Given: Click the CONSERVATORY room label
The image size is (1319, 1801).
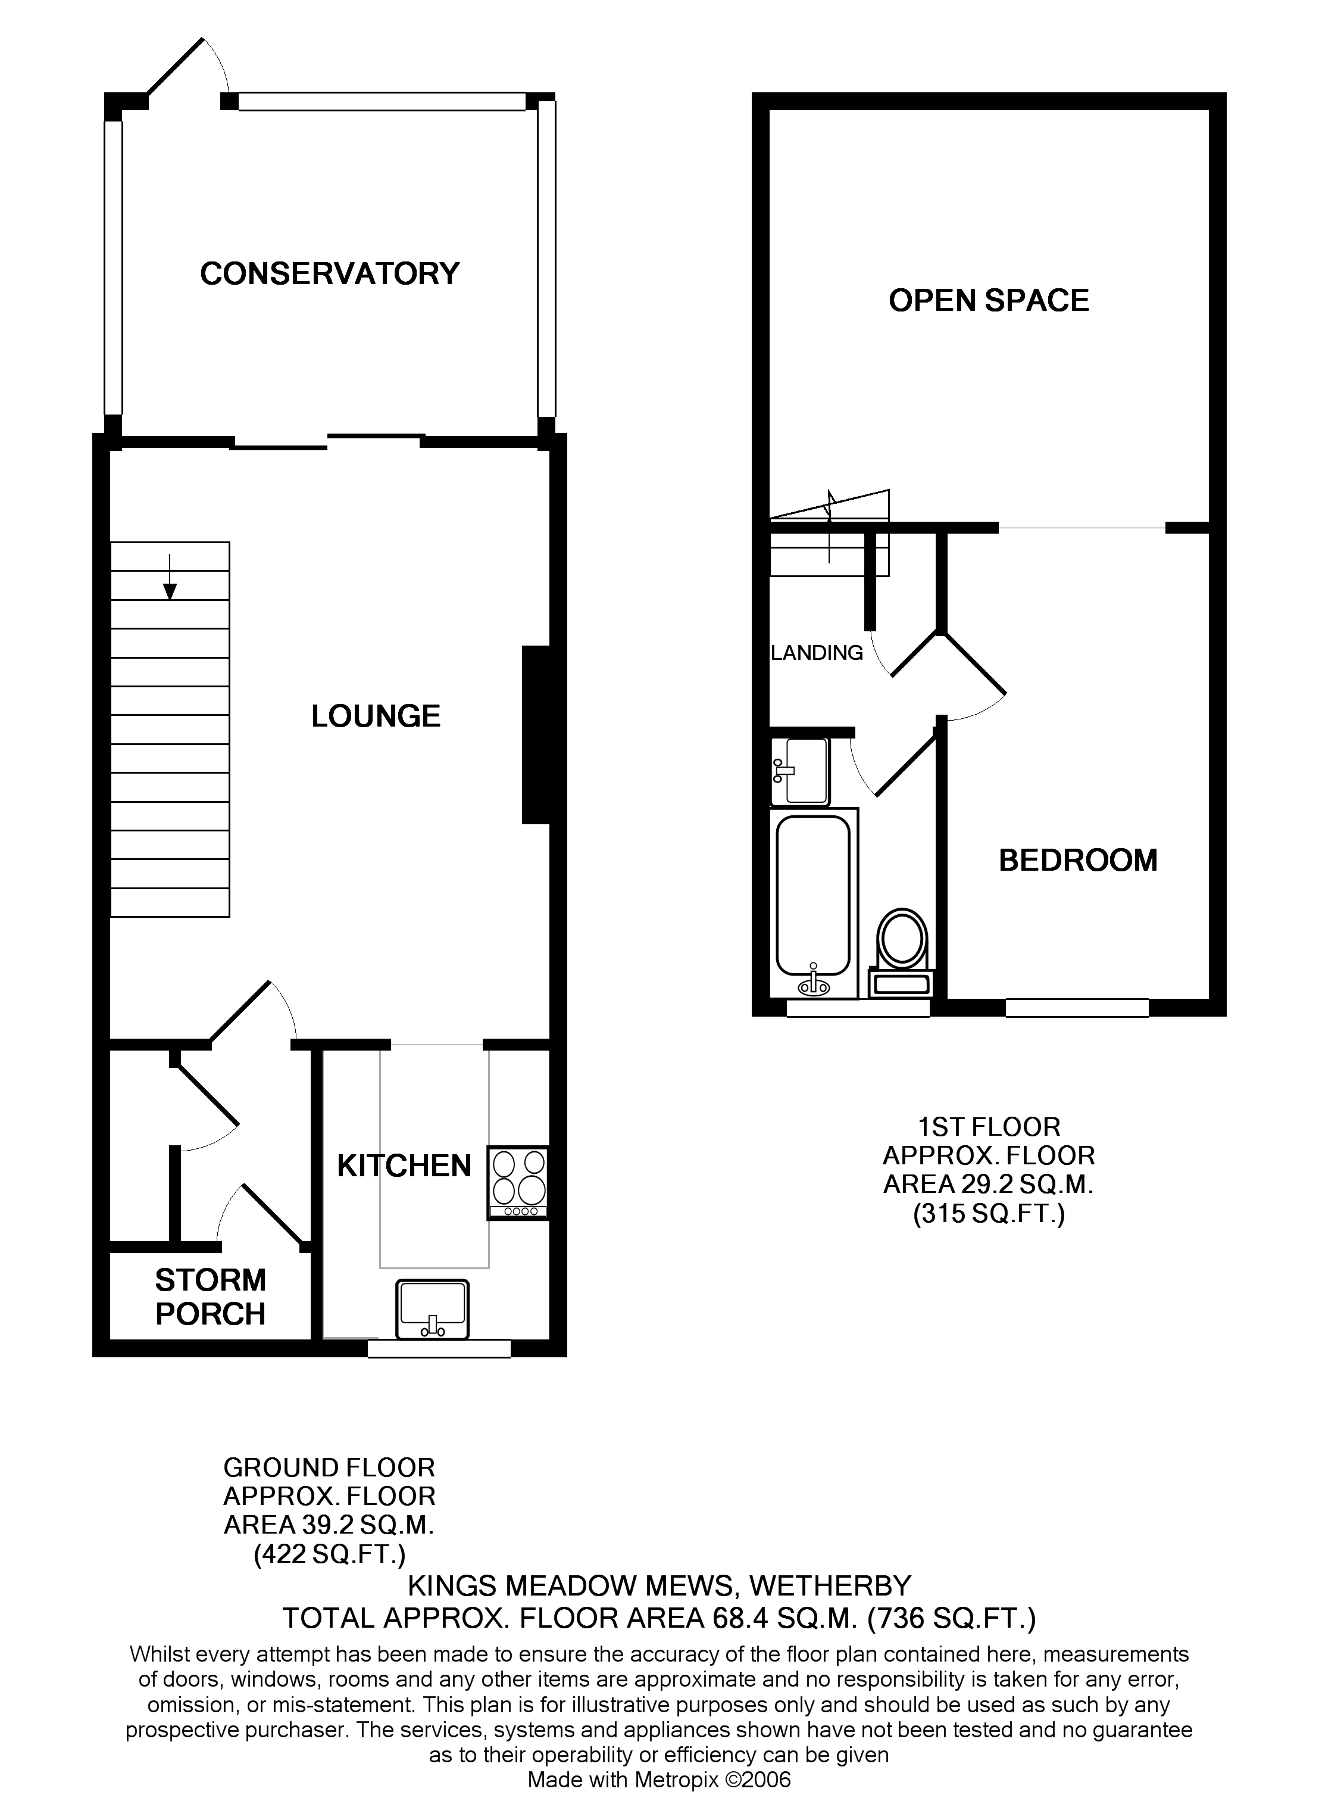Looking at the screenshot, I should coord(329,274).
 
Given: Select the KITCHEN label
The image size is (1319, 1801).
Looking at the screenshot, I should coord(404,1166).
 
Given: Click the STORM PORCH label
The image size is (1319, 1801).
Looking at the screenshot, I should coord(210,1297).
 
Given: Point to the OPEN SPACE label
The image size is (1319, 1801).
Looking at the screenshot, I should coord(989,301).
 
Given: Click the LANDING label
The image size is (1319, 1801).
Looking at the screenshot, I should coord(817,653).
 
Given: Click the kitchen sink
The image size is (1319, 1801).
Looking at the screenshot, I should coord(432,1309).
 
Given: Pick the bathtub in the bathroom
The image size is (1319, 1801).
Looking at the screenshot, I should coord(813,902).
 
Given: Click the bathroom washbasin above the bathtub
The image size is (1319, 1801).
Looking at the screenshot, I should coord(801,771).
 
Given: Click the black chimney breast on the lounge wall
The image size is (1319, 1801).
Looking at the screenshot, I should coord(536,735).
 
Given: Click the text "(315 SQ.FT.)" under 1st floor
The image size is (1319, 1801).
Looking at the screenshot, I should coord(989,1215).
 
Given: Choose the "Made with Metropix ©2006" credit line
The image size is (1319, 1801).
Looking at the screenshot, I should coord(659,1780).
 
